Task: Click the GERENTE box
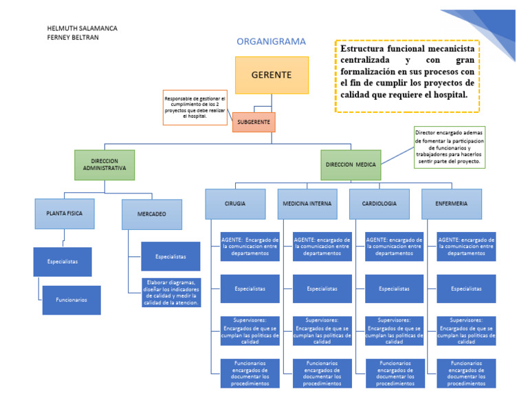point(272,75)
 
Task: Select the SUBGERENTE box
point(254,123)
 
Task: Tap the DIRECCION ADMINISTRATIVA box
point(104,165)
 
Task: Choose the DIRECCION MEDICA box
point(351,165)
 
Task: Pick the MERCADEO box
point(152,214)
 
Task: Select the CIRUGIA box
point(234,204)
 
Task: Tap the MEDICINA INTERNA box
point(307,204)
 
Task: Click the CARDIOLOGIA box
point(379,204)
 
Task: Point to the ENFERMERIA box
point(452,204)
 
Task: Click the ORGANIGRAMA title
point(271,41)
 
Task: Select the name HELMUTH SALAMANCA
point(82,28)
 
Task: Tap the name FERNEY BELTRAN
point(73,37)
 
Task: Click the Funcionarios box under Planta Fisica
point(71,300)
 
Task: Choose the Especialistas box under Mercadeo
point(170,256)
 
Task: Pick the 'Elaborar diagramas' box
point(170,292)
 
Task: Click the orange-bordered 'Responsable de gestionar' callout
point(195,107)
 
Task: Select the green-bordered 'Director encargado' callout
point(449,146)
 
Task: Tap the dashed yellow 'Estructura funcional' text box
point(407,76)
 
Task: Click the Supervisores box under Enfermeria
point(466,331)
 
